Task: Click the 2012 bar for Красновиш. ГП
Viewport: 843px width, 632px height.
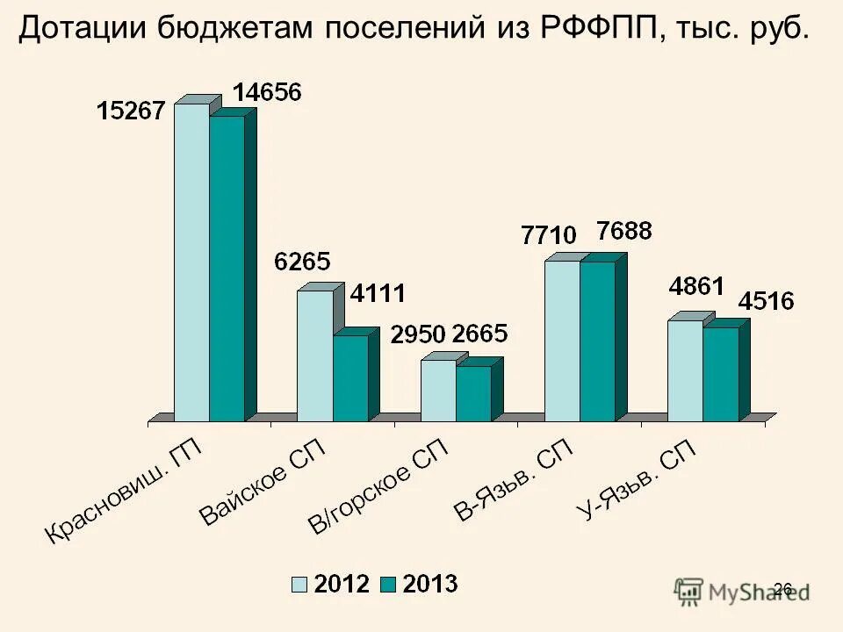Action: point(191,263)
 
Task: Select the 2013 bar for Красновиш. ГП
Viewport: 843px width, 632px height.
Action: point(227,269)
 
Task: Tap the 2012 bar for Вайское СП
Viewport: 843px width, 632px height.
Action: point(314,355)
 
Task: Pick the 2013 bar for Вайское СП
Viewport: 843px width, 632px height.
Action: point(349,378)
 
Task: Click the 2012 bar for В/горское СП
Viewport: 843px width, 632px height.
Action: point(438,391)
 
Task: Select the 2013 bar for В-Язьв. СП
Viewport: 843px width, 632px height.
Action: point(597,341)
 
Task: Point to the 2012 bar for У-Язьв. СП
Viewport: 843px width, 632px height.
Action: point(685,370)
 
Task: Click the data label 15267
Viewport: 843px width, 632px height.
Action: point(131,111)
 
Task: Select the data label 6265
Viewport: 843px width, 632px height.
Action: point(301,262)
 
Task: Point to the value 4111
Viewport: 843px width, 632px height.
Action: point(378,294)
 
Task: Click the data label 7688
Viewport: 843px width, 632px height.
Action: point(623,232)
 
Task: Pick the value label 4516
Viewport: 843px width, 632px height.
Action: point(766,301)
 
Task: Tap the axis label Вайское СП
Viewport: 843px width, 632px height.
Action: point(261,483)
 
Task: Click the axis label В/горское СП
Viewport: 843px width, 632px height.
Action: point(378,488)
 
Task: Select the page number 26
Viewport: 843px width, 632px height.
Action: point(783,589)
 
